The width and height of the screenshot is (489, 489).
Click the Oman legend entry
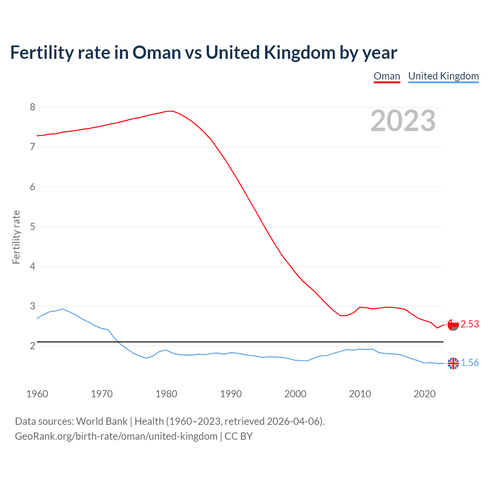click(387, 76)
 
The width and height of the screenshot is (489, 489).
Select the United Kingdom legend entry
click(443, 76)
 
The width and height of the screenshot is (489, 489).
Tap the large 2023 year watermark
click(403, 121)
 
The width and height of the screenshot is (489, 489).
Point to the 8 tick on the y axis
click(32, 107)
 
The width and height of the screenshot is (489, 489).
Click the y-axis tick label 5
click(32, 227)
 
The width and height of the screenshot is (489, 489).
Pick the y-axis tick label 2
click(32, 346)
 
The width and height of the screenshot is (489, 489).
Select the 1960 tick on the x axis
click(37, 394)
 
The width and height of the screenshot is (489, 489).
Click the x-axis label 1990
click(231, 394)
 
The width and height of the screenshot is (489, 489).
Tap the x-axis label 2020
click(424, 394)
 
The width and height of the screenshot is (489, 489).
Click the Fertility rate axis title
click(16, 237)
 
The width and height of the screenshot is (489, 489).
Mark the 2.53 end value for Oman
click(470, 324)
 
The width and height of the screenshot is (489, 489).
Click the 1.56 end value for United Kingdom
click(470, 363)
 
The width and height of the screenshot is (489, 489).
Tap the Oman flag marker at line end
click(453, 325)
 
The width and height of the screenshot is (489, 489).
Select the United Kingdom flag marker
click(453, 363)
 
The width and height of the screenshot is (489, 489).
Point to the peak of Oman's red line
click(172, 111)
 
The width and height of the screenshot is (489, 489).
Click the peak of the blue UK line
click(63, 309)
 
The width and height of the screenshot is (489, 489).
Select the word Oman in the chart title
click(157, 53)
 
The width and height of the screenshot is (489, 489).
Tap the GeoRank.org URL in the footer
click(116, 436)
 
